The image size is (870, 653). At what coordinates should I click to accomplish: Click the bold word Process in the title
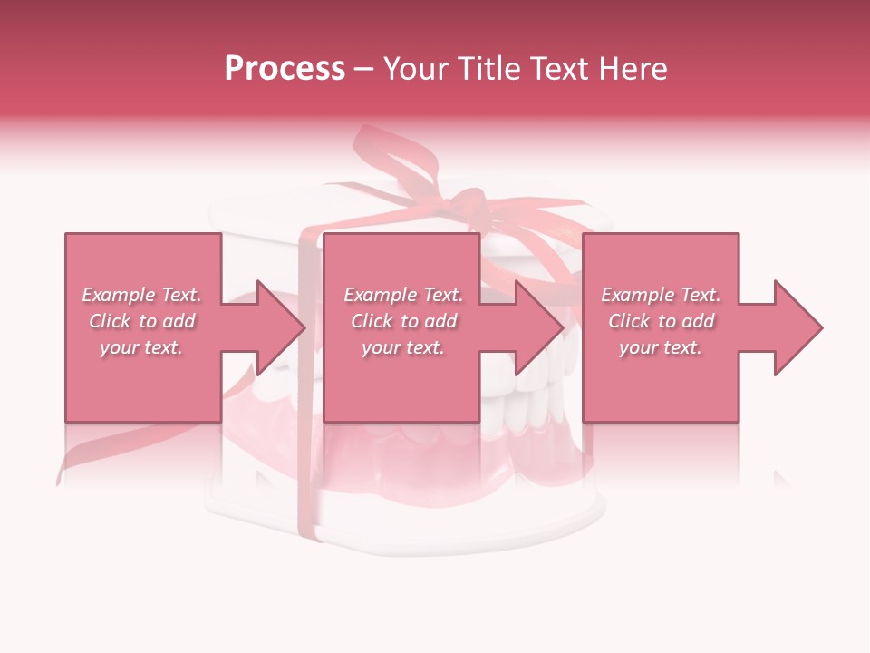point(285,69)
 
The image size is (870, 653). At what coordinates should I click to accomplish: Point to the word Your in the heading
point(415,69)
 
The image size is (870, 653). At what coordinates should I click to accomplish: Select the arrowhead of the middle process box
point(538,327)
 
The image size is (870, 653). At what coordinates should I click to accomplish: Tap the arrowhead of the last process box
point(797,327)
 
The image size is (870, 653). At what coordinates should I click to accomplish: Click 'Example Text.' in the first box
point(141,295)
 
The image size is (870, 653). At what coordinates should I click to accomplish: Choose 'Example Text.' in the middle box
point(403,295)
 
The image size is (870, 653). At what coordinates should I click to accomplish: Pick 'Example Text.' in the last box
point(661,295)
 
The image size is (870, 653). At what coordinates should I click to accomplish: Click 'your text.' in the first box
point(141,347)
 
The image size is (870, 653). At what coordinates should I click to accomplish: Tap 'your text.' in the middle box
point(403,347)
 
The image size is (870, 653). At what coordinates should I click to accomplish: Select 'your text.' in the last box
point(661,347)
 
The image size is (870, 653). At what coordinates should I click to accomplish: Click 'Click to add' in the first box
point(141,321)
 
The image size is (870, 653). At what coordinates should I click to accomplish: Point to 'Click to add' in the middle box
point(403,321)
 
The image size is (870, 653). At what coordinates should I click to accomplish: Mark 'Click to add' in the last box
point(661,321)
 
